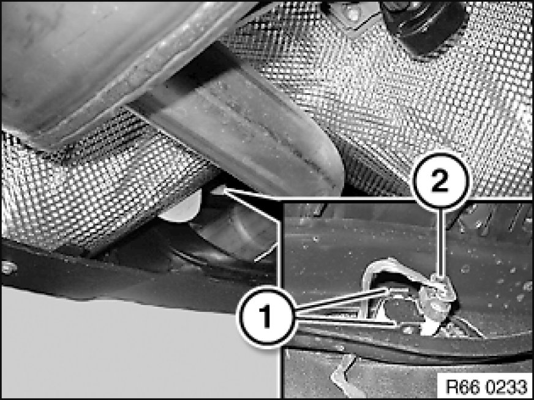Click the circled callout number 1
(266, 317)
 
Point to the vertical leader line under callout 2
(441, 241)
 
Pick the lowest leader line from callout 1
(345, 322)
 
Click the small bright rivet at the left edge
(9, 268)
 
